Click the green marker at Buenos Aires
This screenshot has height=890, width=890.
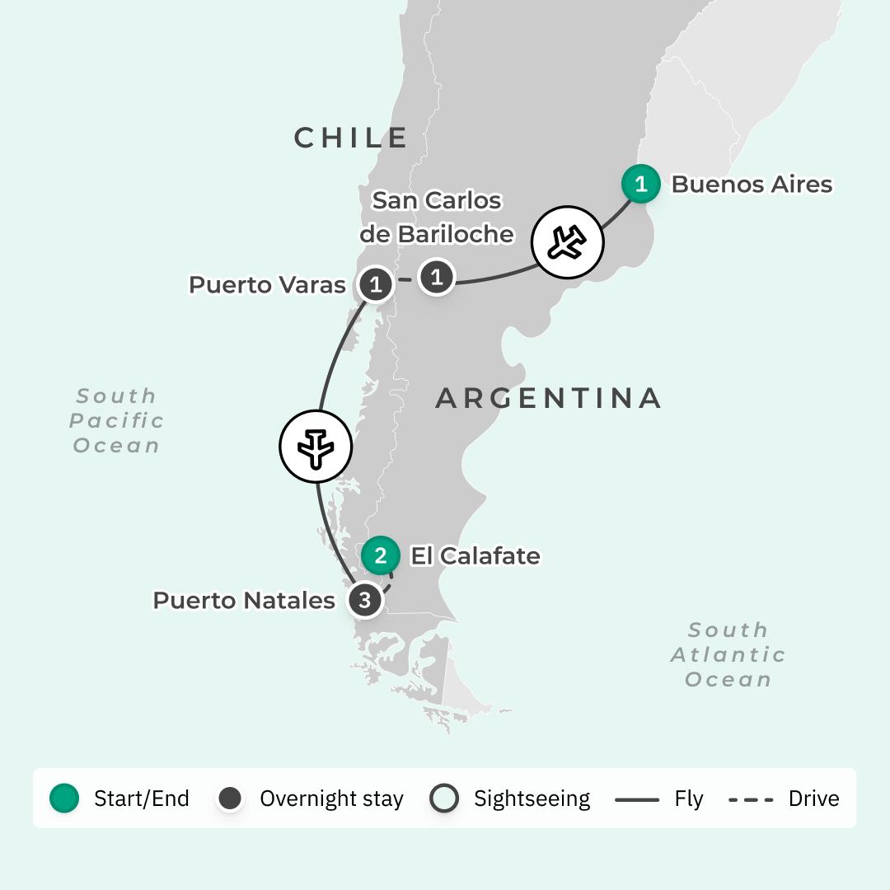click(640, 184)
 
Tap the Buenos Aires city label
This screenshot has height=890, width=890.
click(752, 184)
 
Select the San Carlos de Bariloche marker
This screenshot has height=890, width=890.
click(437, 277)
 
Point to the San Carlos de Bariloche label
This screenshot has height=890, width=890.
click(437, 218)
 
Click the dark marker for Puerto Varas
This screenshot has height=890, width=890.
click(376, 285)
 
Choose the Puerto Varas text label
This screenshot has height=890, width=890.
click(267, 285)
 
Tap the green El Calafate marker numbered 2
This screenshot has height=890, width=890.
click(380, 555)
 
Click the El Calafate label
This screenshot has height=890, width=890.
click(475, 555)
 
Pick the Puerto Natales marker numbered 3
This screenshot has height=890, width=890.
click(364, 599)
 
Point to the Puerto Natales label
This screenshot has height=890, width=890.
click(244, 600)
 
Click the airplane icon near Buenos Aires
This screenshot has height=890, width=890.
click(567, 242)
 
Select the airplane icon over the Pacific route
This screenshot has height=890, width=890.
click(316, 447)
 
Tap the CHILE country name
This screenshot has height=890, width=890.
click(351, 138)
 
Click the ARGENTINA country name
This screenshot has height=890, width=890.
click(548, 398)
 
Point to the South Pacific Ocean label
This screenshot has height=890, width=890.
click(116, 420)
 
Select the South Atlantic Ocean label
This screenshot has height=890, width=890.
click(728, 654)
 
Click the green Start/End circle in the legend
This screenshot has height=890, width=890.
click(64, 798)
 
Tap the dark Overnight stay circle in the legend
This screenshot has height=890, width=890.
click(230, 798)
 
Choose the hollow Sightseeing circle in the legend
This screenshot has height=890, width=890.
click(444, 798)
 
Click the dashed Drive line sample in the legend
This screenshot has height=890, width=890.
click(751, 799)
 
